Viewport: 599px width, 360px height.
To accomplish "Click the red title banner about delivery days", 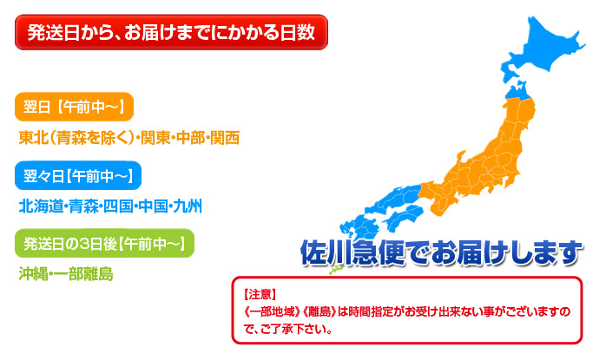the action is pos(171,32).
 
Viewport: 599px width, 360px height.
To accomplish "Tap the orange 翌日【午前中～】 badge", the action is pos(74,107).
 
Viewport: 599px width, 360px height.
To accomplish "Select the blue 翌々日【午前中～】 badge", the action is pos(78,175).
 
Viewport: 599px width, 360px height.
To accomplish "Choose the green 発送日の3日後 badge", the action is pos(104,243).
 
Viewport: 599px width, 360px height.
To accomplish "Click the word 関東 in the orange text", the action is pos(155,138).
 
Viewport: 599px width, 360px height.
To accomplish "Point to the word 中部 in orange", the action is pos(191,138).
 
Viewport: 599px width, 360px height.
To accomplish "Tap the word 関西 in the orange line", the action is pos(226,138).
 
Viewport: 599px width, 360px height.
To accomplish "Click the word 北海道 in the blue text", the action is pos(41,206).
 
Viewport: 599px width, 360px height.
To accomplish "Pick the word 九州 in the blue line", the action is pos(188,206).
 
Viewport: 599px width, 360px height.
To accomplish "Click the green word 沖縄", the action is pos(34,274).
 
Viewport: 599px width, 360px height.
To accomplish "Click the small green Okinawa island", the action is pos(336,271).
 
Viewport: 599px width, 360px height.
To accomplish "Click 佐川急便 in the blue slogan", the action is pos(352,252).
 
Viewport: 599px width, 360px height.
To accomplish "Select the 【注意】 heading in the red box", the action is pos(260,294).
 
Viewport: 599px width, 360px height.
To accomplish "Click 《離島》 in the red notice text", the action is pos(319,312).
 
